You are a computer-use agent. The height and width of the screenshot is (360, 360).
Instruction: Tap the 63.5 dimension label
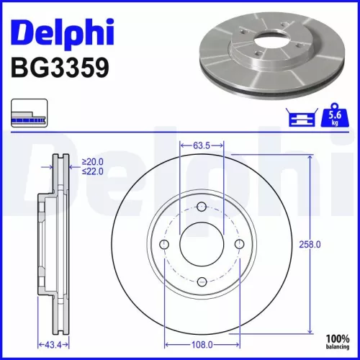(202, 145)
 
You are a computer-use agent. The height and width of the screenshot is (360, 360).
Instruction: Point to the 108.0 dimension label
(202, 346)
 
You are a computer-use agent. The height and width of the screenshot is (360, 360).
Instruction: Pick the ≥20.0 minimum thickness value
(94, 161)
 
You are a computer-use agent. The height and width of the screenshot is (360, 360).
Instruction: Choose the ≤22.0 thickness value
(94, 171)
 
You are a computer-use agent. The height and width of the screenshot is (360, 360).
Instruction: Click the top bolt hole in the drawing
(202, 209)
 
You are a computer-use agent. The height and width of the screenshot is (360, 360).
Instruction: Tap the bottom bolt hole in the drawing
(202, 281)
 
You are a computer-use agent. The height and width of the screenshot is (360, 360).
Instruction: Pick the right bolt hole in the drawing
(238, 245)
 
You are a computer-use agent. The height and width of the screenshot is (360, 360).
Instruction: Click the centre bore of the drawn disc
(202, 245)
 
